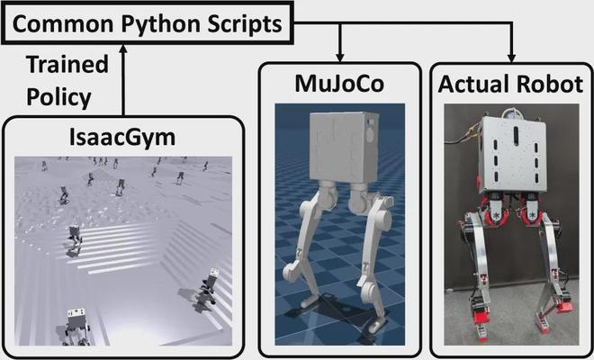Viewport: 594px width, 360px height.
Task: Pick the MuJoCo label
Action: pos(340,85)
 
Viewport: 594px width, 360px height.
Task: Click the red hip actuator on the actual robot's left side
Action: pos(476,216)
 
